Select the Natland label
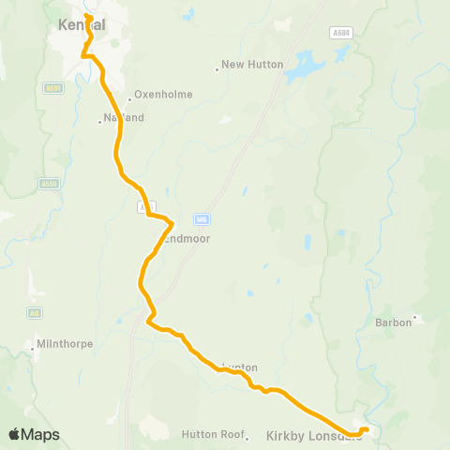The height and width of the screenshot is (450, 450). [123, 118]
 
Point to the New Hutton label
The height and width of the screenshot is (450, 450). [246, 66]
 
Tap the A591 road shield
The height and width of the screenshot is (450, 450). [52, 88]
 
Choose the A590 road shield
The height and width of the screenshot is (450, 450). [49, 184]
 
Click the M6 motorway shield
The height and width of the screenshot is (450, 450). [201, 219]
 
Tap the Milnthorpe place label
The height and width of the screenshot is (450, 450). [67, 343]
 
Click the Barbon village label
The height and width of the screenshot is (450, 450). [393, 322]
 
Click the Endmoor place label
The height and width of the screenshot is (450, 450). [185, 239]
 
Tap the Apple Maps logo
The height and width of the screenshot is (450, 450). [35, 434]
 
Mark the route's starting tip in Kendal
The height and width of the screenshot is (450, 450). [87, 16]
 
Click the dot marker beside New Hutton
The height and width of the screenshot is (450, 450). [217, 68]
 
